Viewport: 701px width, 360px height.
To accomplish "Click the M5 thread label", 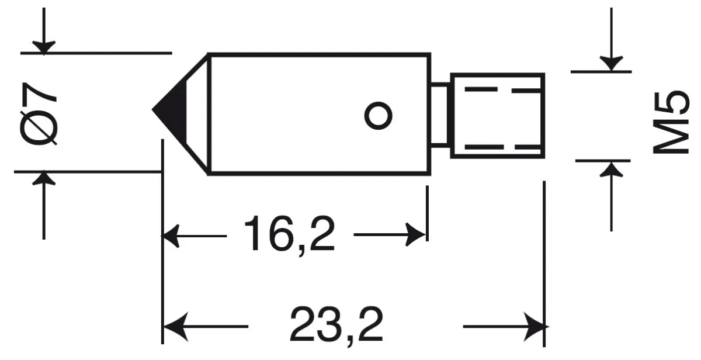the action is tap(671, 122).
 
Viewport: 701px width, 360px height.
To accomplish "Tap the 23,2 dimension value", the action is tap(336, 326).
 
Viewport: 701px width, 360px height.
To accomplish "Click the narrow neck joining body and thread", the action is tap(440, 115).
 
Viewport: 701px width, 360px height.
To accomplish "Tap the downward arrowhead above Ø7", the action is tap(44, 47).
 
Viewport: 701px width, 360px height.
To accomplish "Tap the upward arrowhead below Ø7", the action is tap(44, 178).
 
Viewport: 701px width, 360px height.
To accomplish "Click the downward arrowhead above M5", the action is tap(611, 64).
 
